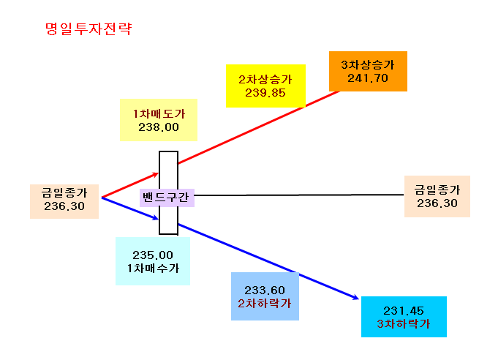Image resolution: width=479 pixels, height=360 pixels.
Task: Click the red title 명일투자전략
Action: coord(88,29)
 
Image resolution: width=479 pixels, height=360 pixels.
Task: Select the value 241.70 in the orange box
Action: coord(368,78)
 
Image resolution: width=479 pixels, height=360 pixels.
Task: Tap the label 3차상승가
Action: coord(368,65)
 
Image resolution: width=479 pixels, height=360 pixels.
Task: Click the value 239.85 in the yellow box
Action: coord(265,93)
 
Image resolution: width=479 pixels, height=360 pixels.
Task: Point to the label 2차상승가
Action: coord(265,80)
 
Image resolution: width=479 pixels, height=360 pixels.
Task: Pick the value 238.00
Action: coord(159,127)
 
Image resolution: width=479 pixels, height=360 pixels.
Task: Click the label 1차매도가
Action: coord(159,113)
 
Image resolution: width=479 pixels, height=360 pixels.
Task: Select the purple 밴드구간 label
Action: coord(167,198)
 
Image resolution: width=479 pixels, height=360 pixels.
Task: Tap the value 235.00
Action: coord(153,255)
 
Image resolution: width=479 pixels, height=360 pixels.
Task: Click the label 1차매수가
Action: coord(153,269)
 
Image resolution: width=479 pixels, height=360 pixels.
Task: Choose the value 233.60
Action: coord(265,290)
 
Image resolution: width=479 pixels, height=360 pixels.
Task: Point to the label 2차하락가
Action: coord(265,304)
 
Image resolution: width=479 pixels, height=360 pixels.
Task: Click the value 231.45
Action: coord(404,311)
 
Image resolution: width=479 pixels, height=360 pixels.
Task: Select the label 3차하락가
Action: coord(404,324)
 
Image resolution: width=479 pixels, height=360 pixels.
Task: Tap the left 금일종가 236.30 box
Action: coord(64,201)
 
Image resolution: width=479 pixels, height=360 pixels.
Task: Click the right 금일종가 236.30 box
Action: coord(437,197)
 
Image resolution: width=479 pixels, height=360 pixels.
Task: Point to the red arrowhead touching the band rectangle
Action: coord(156,174)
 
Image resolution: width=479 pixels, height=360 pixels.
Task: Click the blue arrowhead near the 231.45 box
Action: coord(355,297)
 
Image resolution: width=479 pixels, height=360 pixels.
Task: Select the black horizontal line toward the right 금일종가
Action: coord(299,195)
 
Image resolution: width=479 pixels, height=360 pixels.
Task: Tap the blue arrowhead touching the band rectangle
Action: coord(156,218)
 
